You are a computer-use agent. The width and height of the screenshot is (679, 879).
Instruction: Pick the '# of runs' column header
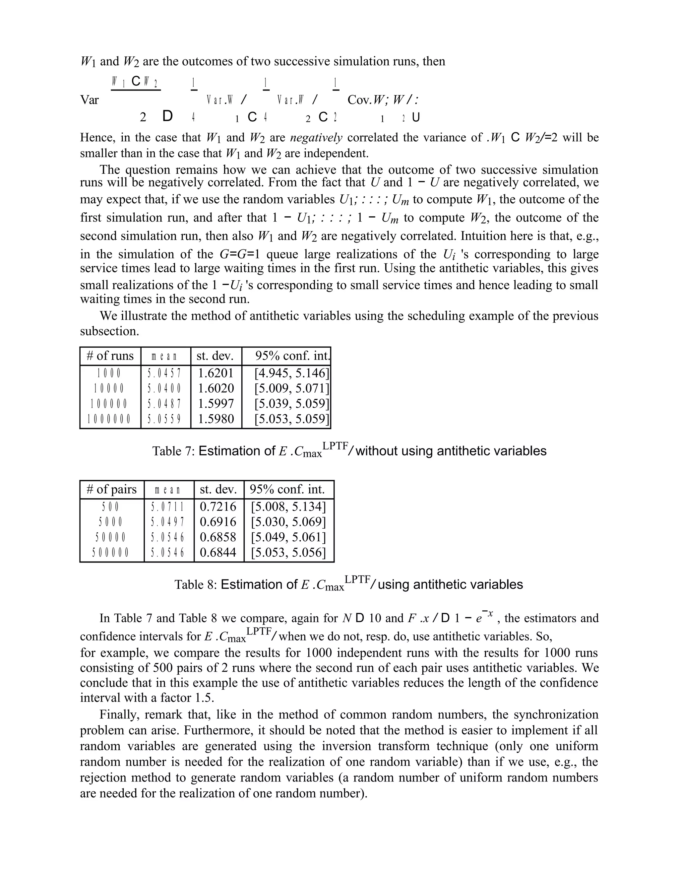[x=110, y=356]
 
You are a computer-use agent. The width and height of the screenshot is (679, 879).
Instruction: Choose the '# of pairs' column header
[x=111, y=489]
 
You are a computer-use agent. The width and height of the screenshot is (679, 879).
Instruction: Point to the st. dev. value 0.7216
[x=218, y=506]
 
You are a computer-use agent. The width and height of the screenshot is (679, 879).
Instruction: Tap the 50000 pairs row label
[x=111, y=537]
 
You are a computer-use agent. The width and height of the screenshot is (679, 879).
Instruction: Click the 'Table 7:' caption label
[x=173, y=451]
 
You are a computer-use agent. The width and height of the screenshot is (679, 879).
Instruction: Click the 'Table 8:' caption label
[x=196, y=584]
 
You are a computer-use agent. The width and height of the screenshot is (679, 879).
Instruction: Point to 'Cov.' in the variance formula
[x=359, y=100]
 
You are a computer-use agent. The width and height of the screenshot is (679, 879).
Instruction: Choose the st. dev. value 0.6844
[x=218, y=552]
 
